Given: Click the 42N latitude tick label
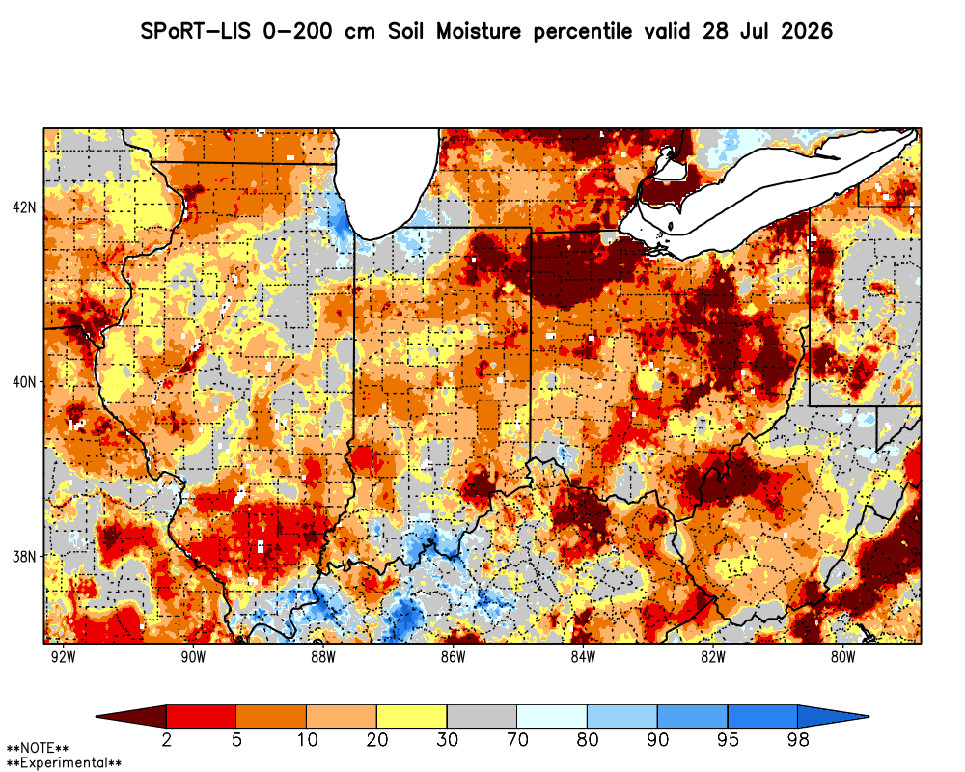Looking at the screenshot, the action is click(25, 207).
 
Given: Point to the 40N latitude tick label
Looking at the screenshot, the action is click(25, 382).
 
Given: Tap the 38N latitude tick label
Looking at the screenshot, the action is click(25, 557).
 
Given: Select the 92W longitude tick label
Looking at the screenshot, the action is click(64, 657).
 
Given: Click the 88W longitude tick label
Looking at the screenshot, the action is click(323, 657).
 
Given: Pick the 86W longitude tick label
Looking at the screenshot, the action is click(454, 657).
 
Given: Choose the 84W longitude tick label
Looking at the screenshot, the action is click(584, 657).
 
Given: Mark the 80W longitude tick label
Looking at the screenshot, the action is click(843, 657).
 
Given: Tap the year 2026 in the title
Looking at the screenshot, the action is click(807, 31).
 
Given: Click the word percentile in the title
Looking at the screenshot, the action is click(583, 32).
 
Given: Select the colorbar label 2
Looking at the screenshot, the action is click(166, 739).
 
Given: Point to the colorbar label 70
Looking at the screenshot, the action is click(517, 739).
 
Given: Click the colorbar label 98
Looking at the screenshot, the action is click(798, 739).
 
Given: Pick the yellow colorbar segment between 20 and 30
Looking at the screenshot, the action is click(412, 717).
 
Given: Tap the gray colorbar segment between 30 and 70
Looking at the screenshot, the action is click(482, 717).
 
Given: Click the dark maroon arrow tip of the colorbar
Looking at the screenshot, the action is click(97, 717).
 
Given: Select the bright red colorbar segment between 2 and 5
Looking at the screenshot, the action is click(202, 717).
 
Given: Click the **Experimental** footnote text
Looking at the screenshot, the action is click(64, 763).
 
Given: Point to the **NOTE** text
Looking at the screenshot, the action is click(38, 749).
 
